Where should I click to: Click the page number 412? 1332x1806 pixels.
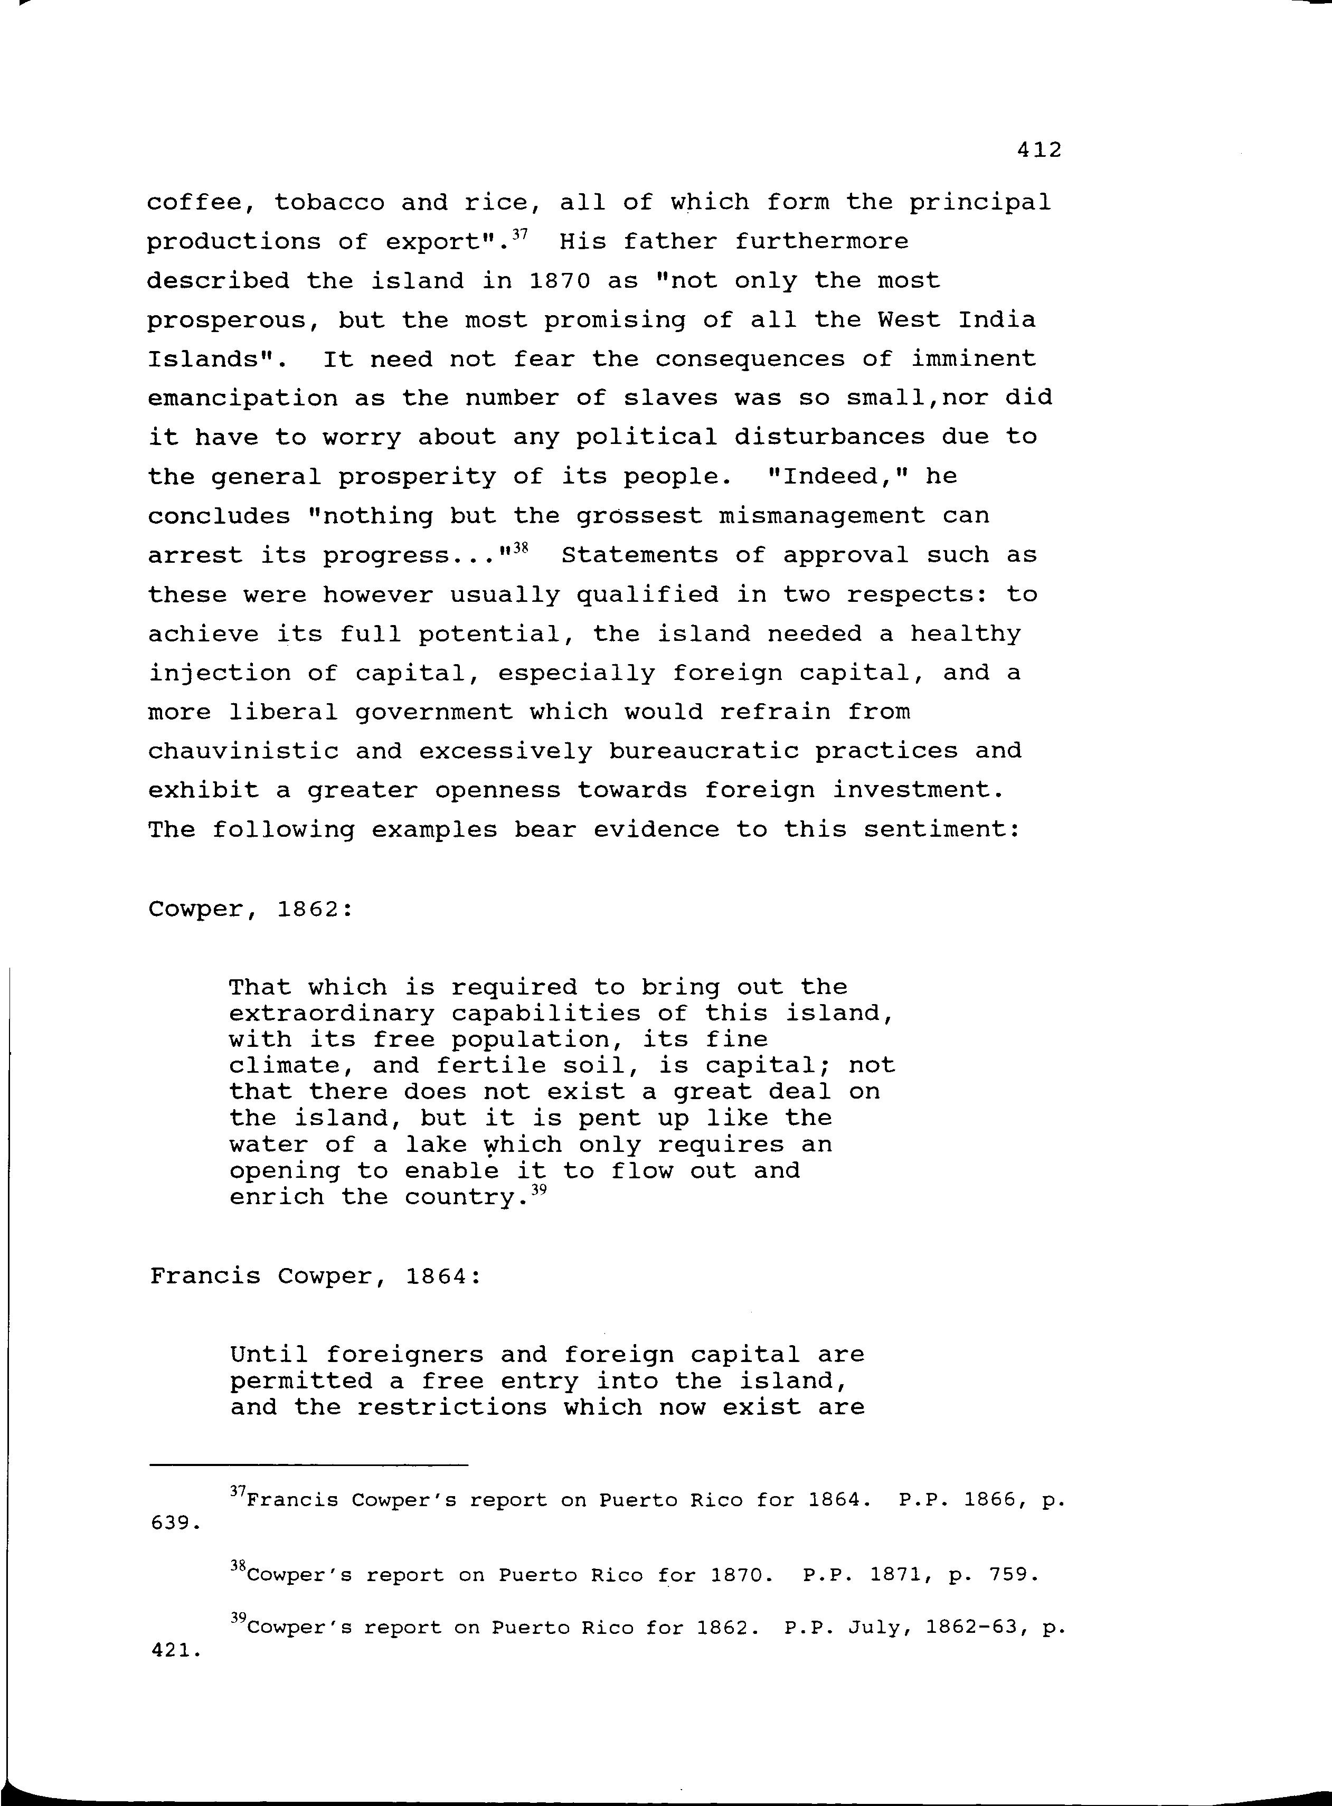pos(1040,150)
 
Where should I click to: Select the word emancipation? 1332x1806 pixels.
pos(243,398)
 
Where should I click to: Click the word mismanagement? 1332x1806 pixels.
pos(821,515)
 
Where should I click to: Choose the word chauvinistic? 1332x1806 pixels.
pos(243,751)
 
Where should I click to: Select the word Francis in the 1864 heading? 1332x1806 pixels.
pos(205,1277)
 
